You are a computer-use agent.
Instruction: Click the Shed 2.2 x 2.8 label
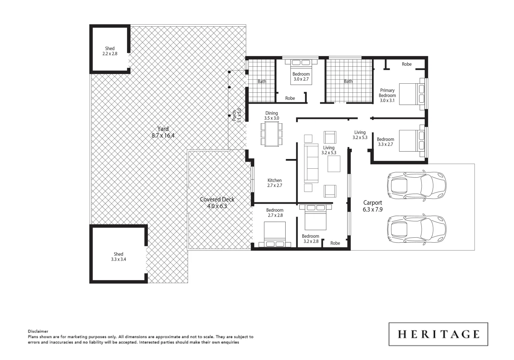click(x=110, y=51)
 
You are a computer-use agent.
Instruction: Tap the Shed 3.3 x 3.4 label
click(x=118, y=257)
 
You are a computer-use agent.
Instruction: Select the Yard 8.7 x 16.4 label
click(x=163, y=132)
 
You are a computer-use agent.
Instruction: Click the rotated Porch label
click(x=237, y=116)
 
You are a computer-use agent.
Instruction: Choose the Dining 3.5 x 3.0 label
click(x=271, y=116)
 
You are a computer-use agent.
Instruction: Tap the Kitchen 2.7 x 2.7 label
click(x=274, y=183)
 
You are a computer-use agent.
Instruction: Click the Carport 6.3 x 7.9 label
click(x=372, y=206)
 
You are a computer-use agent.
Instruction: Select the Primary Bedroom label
click(x=387, y=95)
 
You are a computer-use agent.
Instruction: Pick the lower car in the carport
click(x=416, y=229)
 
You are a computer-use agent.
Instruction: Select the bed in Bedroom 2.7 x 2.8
click(x=275, y=235)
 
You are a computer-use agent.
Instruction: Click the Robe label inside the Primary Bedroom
click(x=406, y=64)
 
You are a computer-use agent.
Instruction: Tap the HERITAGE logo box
click(x=438, y=334)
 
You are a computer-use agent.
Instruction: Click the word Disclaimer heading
click(x=38, y=331)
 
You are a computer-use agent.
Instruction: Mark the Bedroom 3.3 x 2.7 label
click(x=385, y=142)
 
